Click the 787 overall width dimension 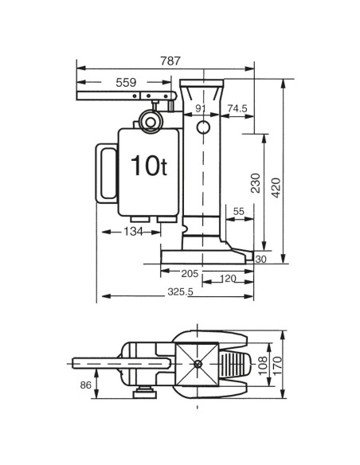[170, 61]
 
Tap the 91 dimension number [201, 108]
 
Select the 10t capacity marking [148, 165]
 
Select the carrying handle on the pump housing [104, 171]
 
